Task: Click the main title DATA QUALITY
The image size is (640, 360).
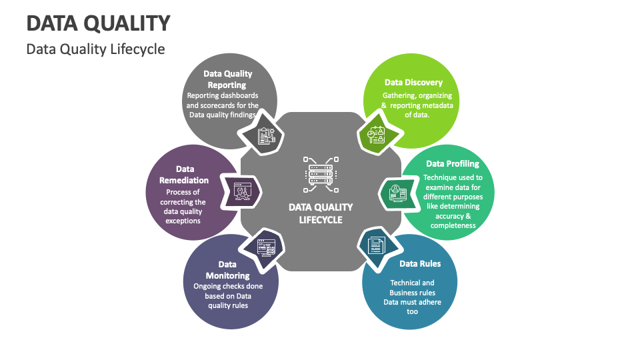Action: click(x=98, y=23)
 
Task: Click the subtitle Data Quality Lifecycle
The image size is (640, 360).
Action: click(x=95, y=49)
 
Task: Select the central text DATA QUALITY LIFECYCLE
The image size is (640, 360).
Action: click(x=321, y=213)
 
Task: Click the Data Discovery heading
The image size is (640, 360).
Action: click(x=413, y=83)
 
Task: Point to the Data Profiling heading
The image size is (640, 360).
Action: click(x=453, y=164)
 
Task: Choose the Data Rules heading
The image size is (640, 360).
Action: click(x=420, y=264)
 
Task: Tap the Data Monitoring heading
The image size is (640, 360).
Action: click(x=227, y=270)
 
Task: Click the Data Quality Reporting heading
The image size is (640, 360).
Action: click(x=227, y=79)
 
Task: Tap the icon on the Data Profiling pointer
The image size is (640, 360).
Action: click(x=398, y=192)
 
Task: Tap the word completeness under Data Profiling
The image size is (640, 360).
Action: click(x=453, y=225)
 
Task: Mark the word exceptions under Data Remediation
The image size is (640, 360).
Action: click(x=183, y=221)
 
